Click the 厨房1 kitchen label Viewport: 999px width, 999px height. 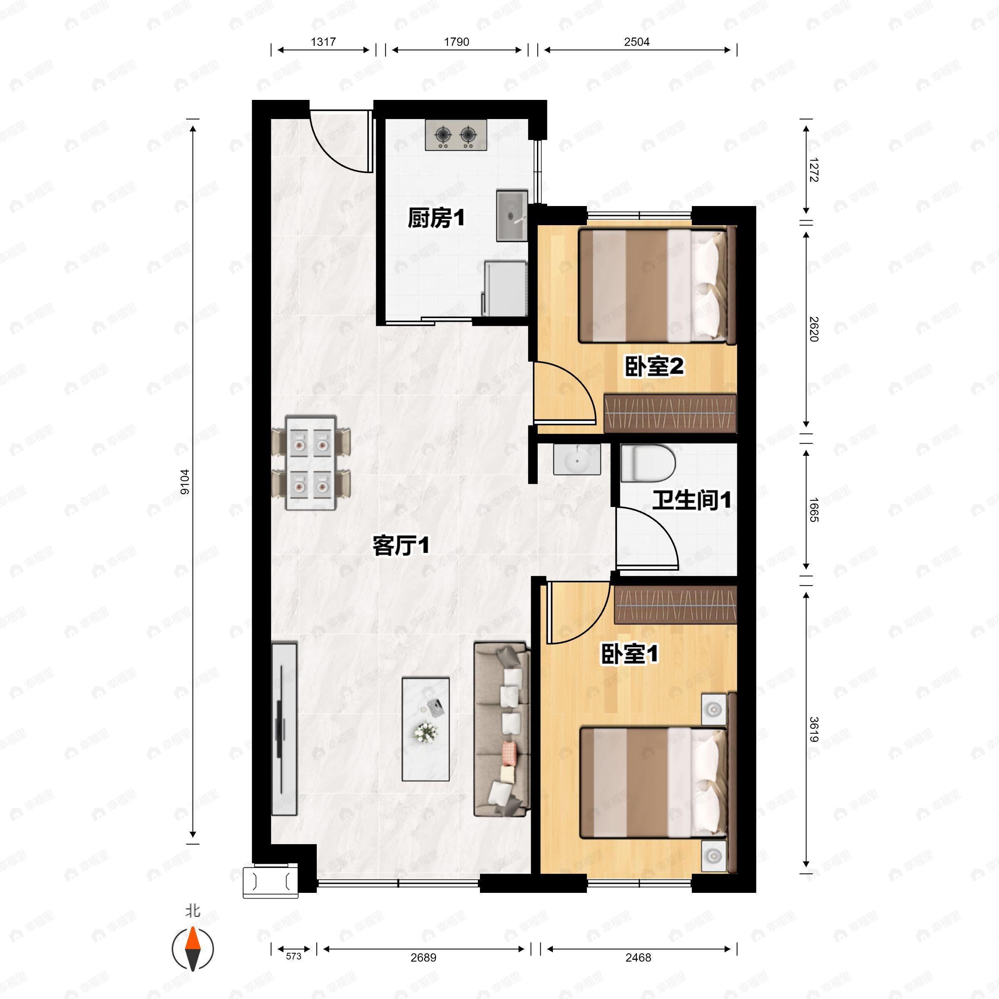point(436,218)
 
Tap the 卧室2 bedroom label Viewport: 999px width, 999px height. point(654,367)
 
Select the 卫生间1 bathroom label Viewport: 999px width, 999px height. point(691,500)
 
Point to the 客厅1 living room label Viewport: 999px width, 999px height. point(401,546)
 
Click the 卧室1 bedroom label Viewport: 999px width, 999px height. point(629,654)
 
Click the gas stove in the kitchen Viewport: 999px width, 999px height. point(455,135)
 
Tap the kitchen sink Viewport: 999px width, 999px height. point(512,216)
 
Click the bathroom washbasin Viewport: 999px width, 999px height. point(577,459)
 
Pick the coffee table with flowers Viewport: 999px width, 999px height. point(425,729)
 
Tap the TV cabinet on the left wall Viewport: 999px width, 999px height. point(284,729)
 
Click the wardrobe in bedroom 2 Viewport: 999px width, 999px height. point(670,414)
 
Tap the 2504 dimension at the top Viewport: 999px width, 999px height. point(636,42)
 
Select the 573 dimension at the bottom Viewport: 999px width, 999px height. point(293,956)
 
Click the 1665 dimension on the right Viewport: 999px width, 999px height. point(813,509)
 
